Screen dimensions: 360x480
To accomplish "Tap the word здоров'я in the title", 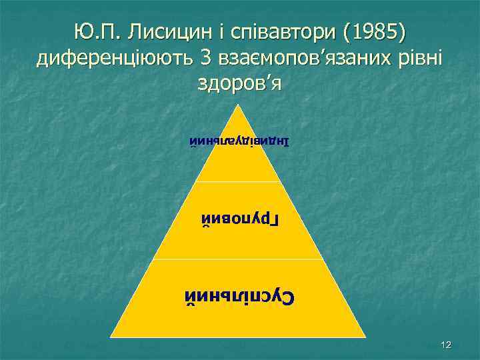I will [240, 84].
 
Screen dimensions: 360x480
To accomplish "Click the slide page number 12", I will [447, 345].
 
